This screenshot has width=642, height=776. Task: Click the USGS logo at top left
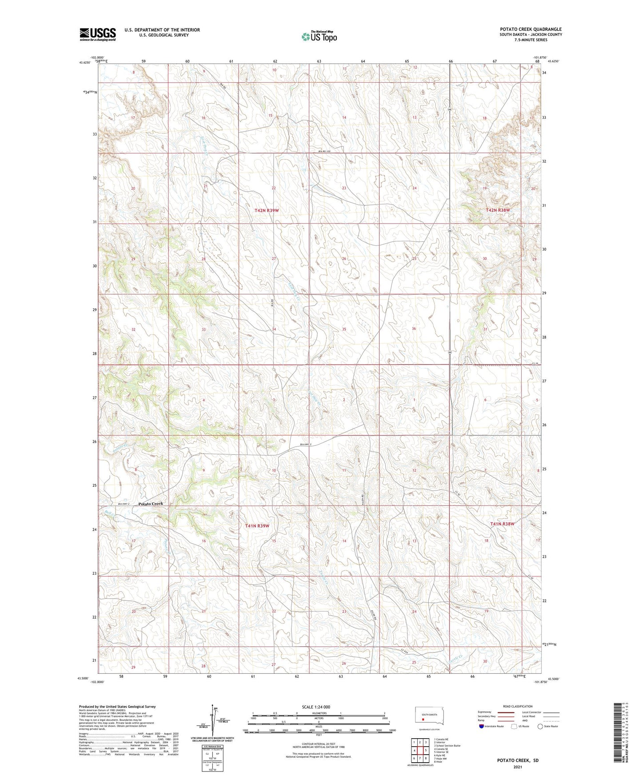97,34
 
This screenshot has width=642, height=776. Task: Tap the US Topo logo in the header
319,36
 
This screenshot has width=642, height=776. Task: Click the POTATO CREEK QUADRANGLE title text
530,29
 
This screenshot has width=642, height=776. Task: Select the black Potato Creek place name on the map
151,504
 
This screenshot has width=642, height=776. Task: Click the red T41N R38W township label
502,524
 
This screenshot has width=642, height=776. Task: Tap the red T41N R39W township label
257,526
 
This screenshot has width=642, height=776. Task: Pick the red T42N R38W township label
498,210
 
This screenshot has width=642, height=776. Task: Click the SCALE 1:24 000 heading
316,707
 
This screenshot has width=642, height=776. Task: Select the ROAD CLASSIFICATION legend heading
518,706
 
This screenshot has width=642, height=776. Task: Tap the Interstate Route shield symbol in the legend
481,726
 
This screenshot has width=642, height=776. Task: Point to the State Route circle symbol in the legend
540,726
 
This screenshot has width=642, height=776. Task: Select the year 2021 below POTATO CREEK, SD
518,767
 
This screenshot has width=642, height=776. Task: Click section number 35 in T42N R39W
344,329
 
